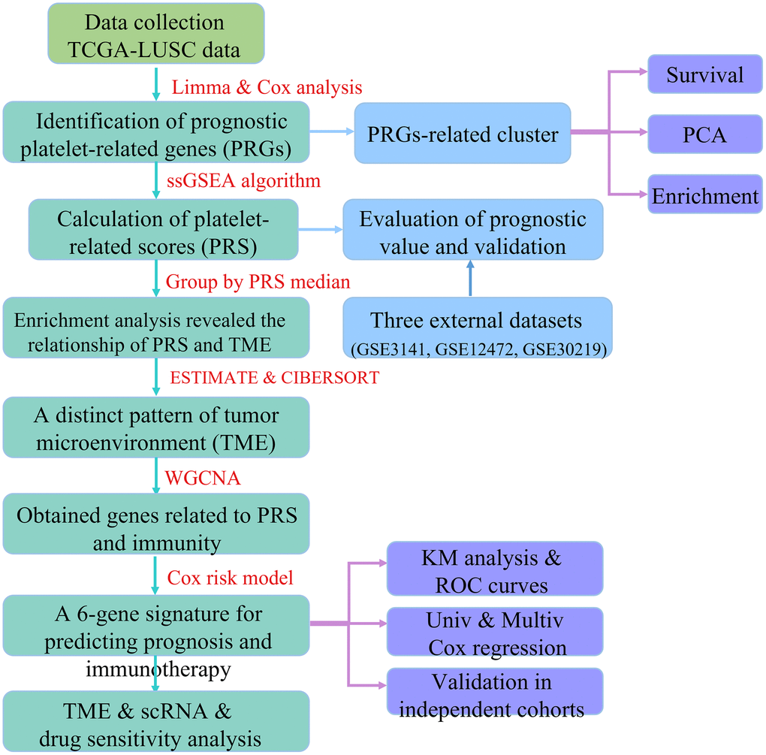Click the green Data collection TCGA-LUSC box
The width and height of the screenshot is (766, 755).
(155, 35)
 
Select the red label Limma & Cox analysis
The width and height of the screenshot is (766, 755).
(267, 87)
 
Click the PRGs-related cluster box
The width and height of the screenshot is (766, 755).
(463, 134)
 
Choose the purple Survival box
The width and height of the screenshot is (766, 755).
(704, 74)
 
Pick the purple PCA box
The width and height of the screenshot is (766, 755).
(704, 135)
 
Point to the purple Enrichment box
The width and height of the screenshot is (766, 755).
(704, 196)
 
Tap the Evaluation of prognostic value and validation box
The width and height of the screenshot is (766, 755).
(472, 232)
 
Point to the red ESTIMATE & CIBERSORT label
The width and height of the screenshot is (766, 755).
(275, 377)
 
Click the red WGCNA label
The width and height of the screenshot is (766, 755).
(204, 477)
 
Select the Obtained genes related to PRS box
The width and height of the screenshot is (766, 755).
(155, 529)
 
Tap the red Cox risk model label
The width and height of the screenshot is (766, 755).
(230, 578)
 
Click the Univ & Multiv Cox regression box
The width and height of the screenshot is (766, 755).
(495, 633)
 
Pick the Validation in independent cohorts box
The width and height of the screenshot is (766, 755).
(495, 693)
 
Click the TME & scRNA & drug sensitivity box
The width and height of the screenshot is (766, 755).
(155, 721)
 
